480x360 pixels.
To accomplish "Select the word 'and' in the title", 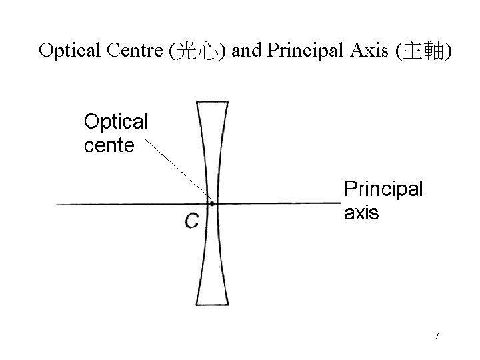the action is [x=247, y=51].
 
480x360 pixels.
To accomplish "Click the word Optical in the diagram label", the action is [x=115, y=123].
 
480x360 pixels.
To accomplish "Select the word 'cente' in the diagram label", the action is [x=109, y=145].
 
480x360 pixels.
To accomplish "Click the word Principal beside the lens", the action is [x=383, y=189].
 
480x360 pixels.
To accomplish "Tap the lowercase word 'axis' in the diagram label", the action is [x=361, y=213].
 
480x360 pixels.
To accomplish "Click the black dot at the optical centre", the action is [x=211, y=203].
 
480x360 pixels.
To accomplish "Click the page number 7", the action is [x=437, y=336].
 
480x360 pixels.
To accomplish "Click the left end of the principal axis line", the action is [x=59, y=203].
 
